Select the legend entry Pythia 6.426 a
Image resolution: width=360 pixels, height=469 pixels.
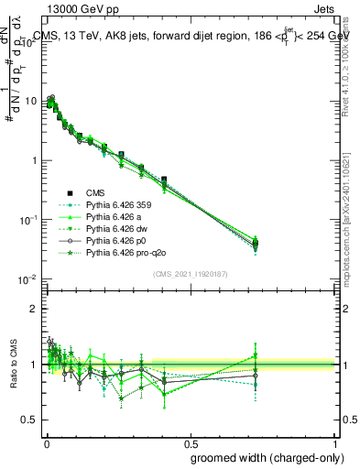pyautogui.click(x=112, y=217)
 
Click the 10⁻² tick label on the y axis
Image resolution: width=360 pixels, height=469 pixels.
pyautogui.click(x=27, y=279)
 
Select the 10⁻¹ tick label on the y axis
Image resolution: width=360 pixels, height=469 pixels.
pyautogui.click(x=27, y=220)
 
